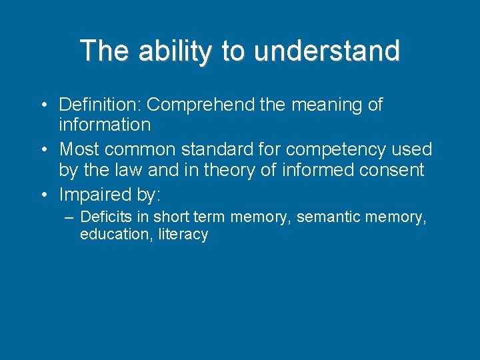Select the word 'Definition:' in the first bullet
coord(100,105)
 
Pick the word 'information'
coord(105,125)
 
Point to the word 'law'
coord(126,170)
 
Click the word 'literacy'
coord(183,235)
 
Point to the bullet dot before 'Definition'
coord(42,105)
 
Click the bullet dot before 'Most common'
coord(42,149)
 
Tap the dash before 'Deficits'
coord(69,217)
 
